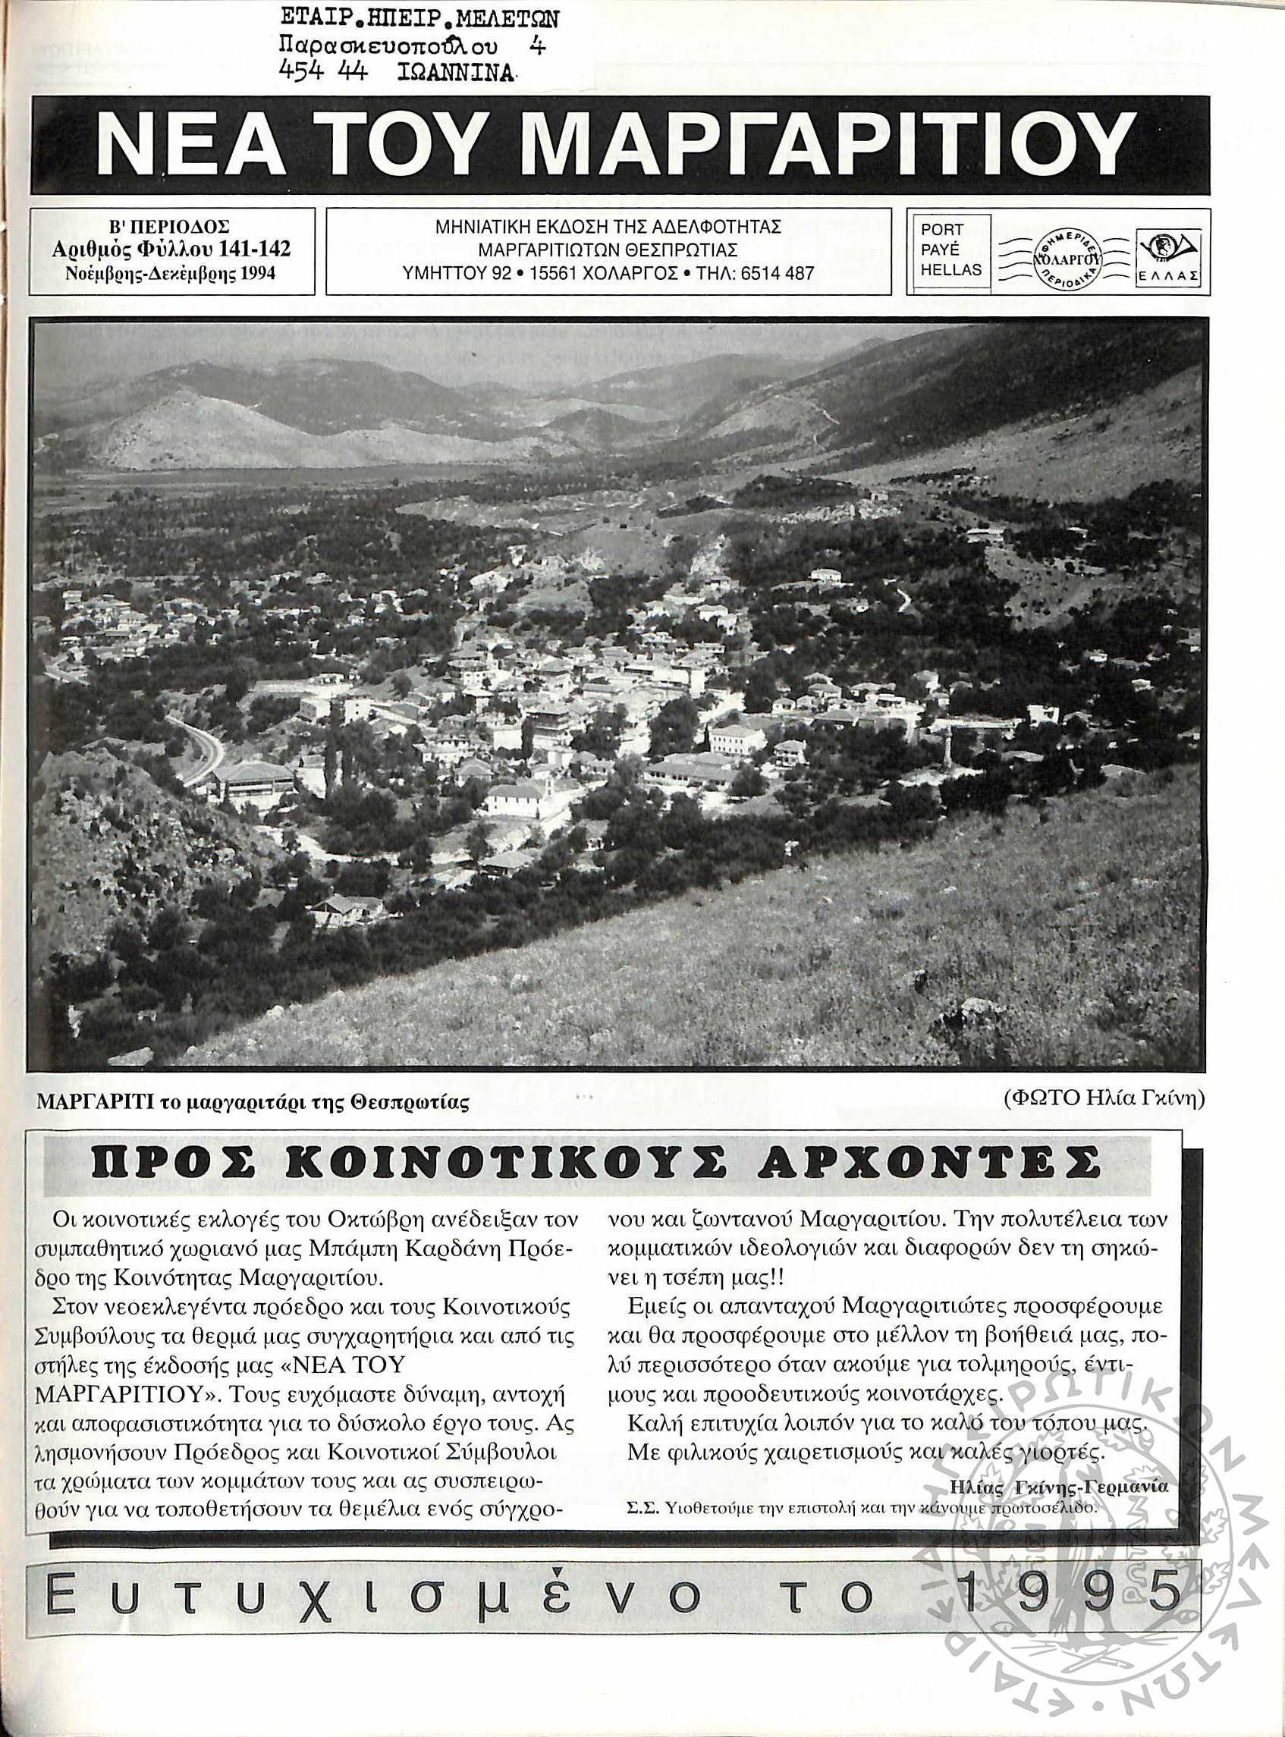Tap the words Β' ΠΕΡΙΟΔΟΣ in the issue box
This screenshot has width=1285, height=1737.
170,228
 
